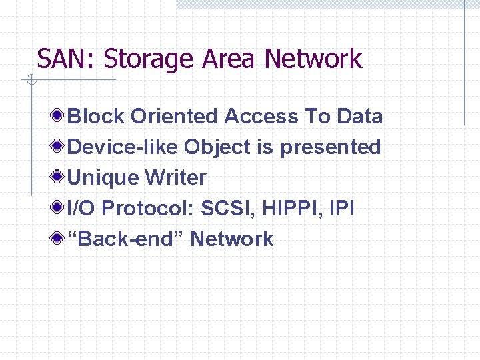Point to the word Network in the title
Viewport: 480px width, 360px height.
(313, 59)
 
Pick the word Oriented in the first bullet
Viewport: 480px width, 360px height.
(174, 116)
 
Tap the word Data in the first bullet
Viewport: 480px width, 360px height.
(359, 116)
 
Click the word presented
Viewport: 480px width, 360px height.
(330, 147)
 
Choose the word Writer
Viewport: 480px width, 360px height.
(176, 178)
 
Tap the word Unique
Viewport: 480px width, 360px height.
(103, 178)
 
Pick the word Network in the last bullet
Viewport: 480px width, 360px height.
(232, 239)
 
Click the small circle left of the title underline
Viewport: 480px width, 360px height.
(31, 81)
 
